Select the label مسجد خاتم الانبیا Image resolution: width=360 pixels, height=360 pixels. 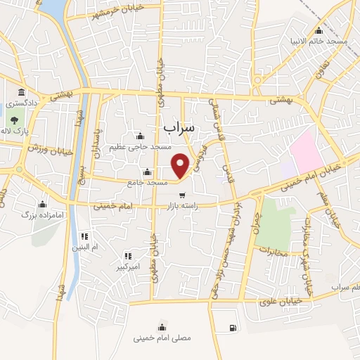[x=321, y=41]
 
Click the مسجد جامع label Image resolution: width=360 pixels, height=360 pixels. [x=147, y=183]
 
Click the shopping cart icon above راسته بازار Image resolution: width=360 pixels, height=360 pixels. [x=182, y=195]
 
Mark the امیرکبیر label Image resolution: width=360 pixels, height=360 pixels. [x=128, y=267]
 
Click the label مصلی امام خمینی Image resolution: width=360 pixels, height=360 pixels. [x=162, y=337]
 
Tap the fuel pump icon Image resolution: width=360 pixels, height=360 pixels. [x=233, y=328]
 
